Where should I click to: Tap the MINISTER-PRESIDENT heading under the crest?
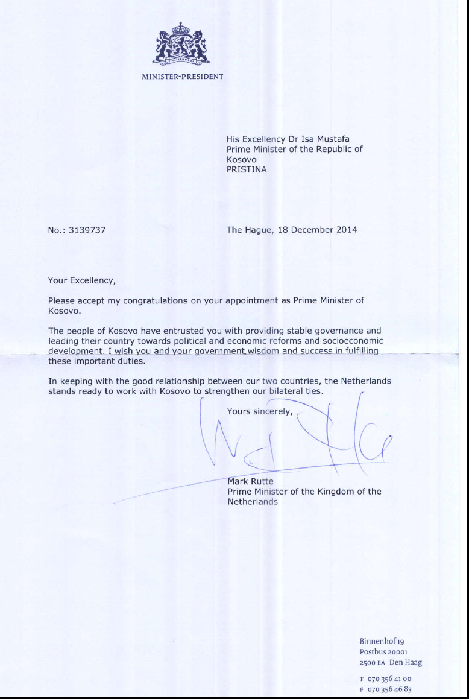(x=182, y=77)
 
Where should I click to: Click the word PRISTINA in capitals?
(x=247, y=169)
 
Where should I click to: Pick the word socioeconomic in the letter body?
(x=356, y=341)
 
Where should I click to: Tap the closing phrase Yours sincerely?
(x=260, y=411)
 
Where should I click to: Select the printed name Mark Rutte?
(x=250, y=481)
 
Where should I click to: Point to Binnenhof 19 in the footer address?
(x=385, y=641)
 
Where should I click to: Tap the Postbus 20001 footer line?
(x=383, y=652)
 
